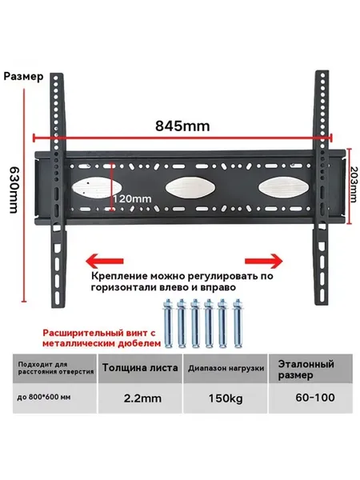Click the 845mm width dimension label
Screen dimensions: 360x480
pyautogui.click(x=182, y=126)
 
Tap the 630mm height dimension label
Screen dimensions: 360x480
pyautogui.click(x=14, y=190)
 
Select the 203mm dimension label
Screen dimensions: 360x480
pyautogui.click(x=354, y=184)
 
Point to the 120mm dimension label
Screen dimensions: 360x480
pyautogui.click(x=133, y=199)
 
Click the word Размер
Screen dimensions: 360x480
pyautogui.click(x=23, y=76)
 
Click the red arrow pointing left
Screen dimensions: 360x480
pyautogui.click(x=104, y=261)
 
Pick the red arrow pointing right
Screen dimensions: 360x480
pyautogui.click(x=263, y=261)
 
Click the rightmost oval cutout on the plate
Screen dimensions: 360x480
pyautogui.click(x=283, y=187)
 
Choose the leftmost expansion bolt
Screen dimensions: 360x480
pyautogui.click(x=167, y=323)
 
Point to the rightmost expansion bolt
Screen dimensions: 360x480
pyautogui.click(x=238, y=323)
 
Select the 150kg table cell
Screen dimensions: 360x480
pyautogui.click(x=226, y=398)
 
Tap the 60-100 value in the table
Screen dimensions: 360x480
pyautogui.click(x=315, y=398)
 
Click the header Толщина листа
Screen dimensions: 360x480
pyautogui.click(x=140, y=367)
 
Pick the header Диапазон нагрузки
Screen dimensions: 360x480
pyautogui.click(x=226, y=368)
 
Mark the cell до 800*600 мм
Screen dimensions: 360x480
pyautogui.click(x=44, y=398)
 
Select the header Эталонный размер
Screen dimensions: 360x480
pyautogui.click(x=306, y=370)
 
